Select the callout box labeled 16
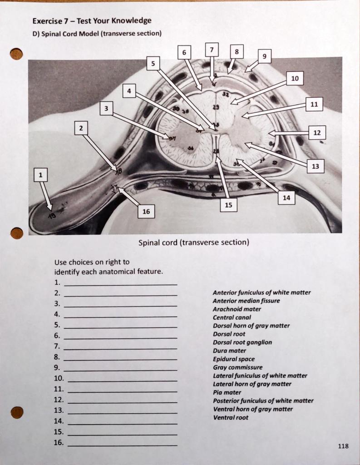[x=146, y=212]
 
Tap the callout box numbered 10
[x=295, y=79]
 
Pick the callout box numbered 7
[x=212, y=49]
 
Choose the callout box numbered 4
[x=129, y=91]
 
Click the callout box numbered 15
[x=228, y=205]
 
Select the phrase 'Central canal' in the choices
[x=232, y=317]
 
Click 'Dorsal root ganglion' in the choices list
[x=242, y=342]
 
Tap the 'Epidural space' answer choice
[x=234, y=359]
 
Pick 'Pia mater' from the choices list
[x=227, y=392]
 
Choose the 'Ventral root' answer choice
[x=231, y=417]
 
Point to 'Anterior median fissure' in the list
[x=246, y=301]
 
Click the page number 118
[x=343, y=446]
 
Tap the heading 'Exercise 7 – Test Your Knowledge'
[x=92, y=21]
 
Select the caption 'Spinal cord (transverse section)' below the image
[x=194, y=242]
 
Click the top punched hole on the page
[x=16, y=54]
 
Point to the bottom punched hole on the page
[x=17, y=412]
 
